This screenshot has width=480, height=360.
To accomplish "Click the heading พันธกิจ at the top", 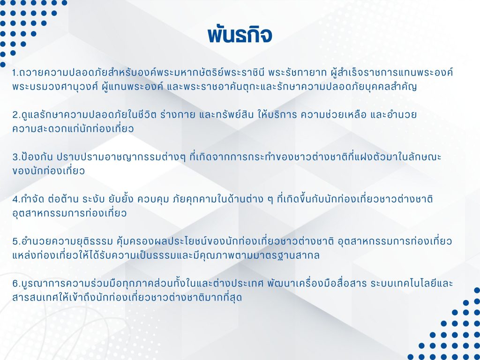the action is (240, 35).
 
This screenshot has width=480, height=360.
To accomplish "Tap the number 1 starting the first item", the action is (14, 73).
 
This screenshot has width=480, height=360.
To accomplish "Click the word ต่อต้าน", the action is (64, 199).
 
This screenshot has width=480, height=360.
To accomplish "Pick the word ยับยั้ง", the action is (121, 199).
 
